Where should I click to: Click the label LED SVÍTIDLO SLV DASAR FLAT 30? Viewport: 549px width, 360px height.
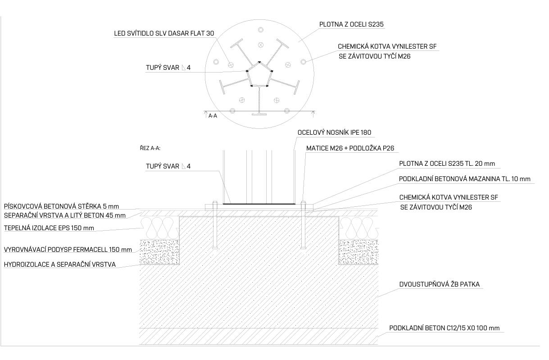coord(164,34)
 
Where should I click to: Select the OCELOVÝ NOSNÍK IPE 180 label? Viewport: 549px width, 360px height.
coord(334,132)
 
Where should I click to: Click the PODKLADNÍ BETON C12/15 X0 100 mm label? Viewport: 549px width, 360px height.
coord(445,328)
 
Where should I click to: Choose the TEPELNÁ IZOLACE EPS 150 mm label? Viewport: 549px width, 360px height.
coord(49,228)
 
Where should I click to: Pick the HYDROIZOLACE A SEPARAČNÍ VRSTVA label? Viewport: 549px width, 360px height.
coord(59,264)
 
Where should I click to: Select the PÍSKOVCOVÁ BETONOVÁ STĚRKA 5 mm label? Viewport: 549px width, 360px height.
coord(61,206)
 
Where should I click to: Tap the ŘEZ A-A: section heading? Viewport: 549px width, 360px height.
coord(150,148)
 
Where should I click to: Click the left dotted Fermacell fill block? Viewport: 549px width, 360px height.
coord(159,251)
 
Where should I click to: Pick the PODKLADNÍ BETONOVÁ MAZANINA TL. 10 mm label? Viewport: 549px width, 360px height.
coord(464,179)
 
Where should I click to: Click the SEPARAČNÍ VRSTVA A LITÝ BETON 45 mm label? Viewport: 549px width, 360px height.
coord(64,215)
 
